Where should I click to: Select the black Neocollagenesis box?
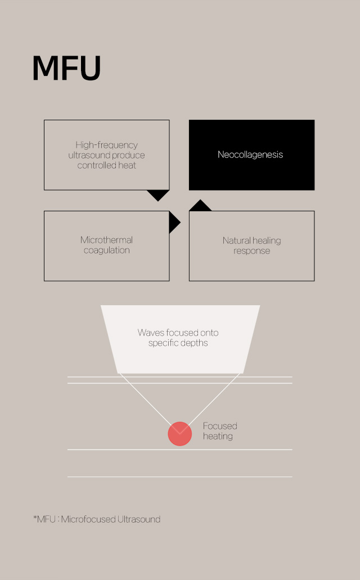pos(252,155)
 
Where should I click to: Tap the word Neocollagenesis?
pos(250,155)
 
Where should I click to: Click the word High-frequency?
pos(107,144)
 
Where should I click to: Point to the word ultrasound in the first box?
pos(87,155)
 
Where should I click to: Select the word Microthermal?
pos(107,239)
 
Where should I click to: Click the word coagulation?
pos(107,251)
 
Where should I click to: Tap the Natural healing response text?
pos(252,246)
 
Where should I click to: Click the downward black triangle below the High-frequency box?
pos(158,195)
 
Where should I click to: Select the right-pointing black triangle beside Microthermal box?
pos(174,223)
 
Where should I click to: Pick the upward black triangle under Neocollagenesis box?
pos(200,206)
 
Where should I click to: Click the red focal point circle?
pos(180,433)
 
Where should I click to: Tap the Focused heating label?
pos(220,431)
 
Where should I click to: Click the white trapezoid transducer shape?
pos(181,339)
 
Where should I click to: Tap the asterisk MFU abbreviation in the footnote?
pos(44,519)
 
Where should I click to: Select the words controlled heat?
pos(107,165)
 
